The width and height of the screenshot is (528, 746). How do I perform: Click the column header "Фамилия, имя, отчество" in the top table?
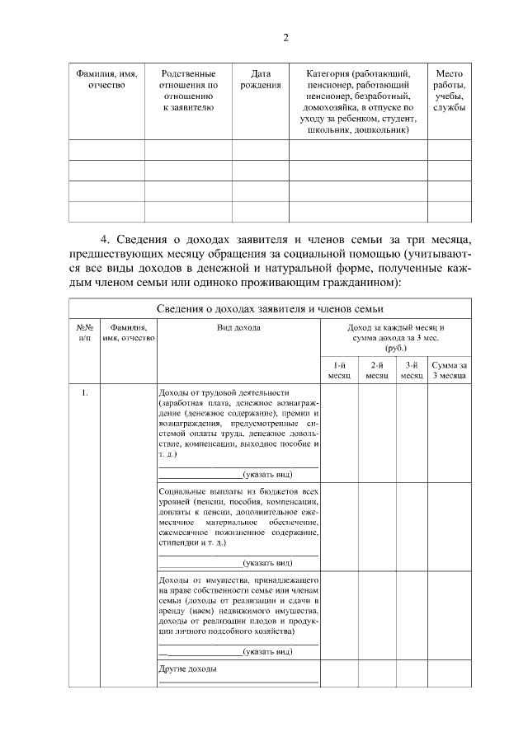[106, 79]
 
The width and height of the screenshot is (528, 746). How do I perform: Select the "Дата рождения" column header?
[260, 79]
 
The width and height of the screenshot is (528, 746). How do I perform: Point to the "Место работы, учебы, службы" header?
[449, 91]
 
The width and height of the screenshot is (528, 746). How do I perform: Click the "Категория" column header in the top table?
[357, 101]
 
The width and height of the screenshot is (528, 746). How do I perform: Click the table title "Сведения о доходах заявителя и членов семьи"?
[271, 308]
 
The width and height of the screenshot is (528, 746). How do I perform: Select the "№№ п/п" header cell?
[84, 332]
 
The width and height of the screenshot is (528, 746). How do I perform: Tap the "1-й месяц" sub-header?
[339, 370]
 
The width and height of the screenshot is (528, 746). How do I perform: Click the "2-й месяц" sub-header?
[377, 370]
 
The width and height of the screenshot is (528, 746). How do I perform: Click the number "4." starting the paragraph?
[106, 239]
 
